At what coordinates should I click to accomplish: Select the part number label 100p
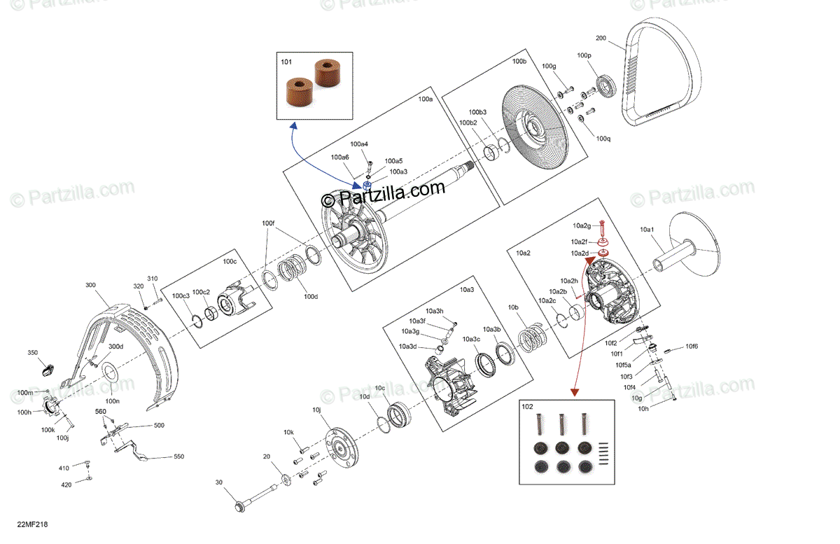coord(584,55)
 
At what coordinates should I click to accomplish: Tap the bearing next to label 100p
coord(605,86)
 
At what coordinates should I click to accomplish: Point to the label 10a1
coord(647,229)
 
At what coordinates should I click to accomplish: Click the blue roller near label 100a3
coord(366,186)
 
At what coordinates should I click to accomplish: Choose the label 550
coord(178,456)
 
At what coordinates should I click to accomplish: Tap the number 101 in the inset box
coord(286,62)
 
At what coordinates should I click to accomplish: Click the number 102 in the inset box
coord(526,405)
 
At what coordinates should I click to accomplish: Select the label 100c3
coord(181,296)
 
